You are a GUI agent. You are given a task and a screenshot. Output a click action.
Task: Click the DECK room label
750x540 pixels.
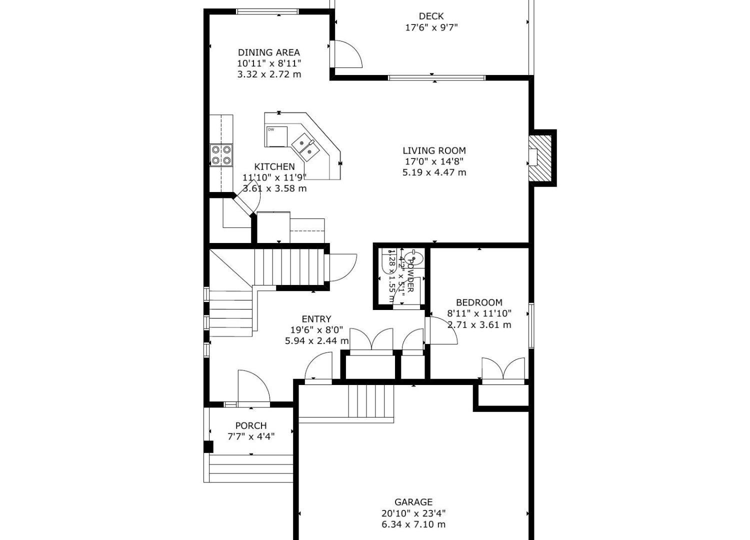pos(431,16)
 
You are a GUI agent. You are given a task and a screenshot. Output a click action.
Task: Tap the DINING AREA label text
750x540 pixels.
pos(269,52)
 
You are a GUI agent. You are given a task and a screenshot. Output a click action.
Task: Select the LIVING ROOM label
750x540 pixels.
pos(434,150)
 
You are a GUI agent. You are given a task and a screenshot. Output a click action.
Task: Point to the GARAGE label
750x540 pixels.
pos(413,502)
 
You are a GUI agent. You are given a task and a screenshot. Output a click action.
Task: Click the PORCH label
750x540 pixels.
pos(251,425)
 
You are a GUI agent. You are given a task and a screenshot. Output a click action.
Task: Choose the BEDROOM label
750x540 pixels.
pos(479,302)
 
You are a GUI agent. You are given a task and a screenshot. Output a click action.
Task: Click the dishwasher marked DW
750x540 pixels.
pos(277,136)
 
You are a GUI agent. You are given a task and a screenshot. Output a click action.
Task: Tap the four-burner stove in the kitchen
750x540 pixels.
pos(221,155)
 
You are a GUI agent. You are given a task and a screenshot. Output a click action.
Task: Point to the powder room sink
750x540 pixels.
pos(414,258)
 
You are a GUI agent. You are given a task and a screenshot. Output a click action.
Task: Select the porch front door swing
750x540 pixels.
pos(253,386)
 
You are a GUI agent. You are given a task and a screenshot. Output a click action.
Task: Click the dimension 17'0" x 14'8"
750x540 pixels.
pos(434,161)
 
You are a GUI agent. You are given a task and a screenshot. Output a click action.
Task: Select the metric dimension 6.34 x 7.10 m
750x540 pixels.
pos(413,524)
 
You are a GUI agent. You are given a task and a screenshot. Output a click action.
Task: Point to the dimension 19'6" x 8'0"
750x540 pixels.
pos(316,330)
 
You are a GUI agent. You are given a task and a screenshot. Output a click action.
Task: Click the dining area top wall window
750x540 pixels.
pos(267,11)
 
